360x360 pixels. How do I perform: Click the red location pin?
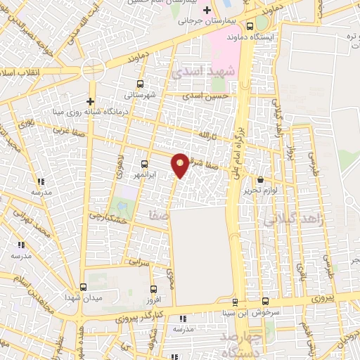[180, 165]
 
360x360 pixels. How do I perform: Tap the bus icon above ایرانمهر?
[144, 162]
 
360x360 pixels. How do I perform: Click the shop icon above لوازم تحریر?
[261, 180]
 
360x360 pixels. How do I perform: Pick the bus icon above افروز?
[154, 288]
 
